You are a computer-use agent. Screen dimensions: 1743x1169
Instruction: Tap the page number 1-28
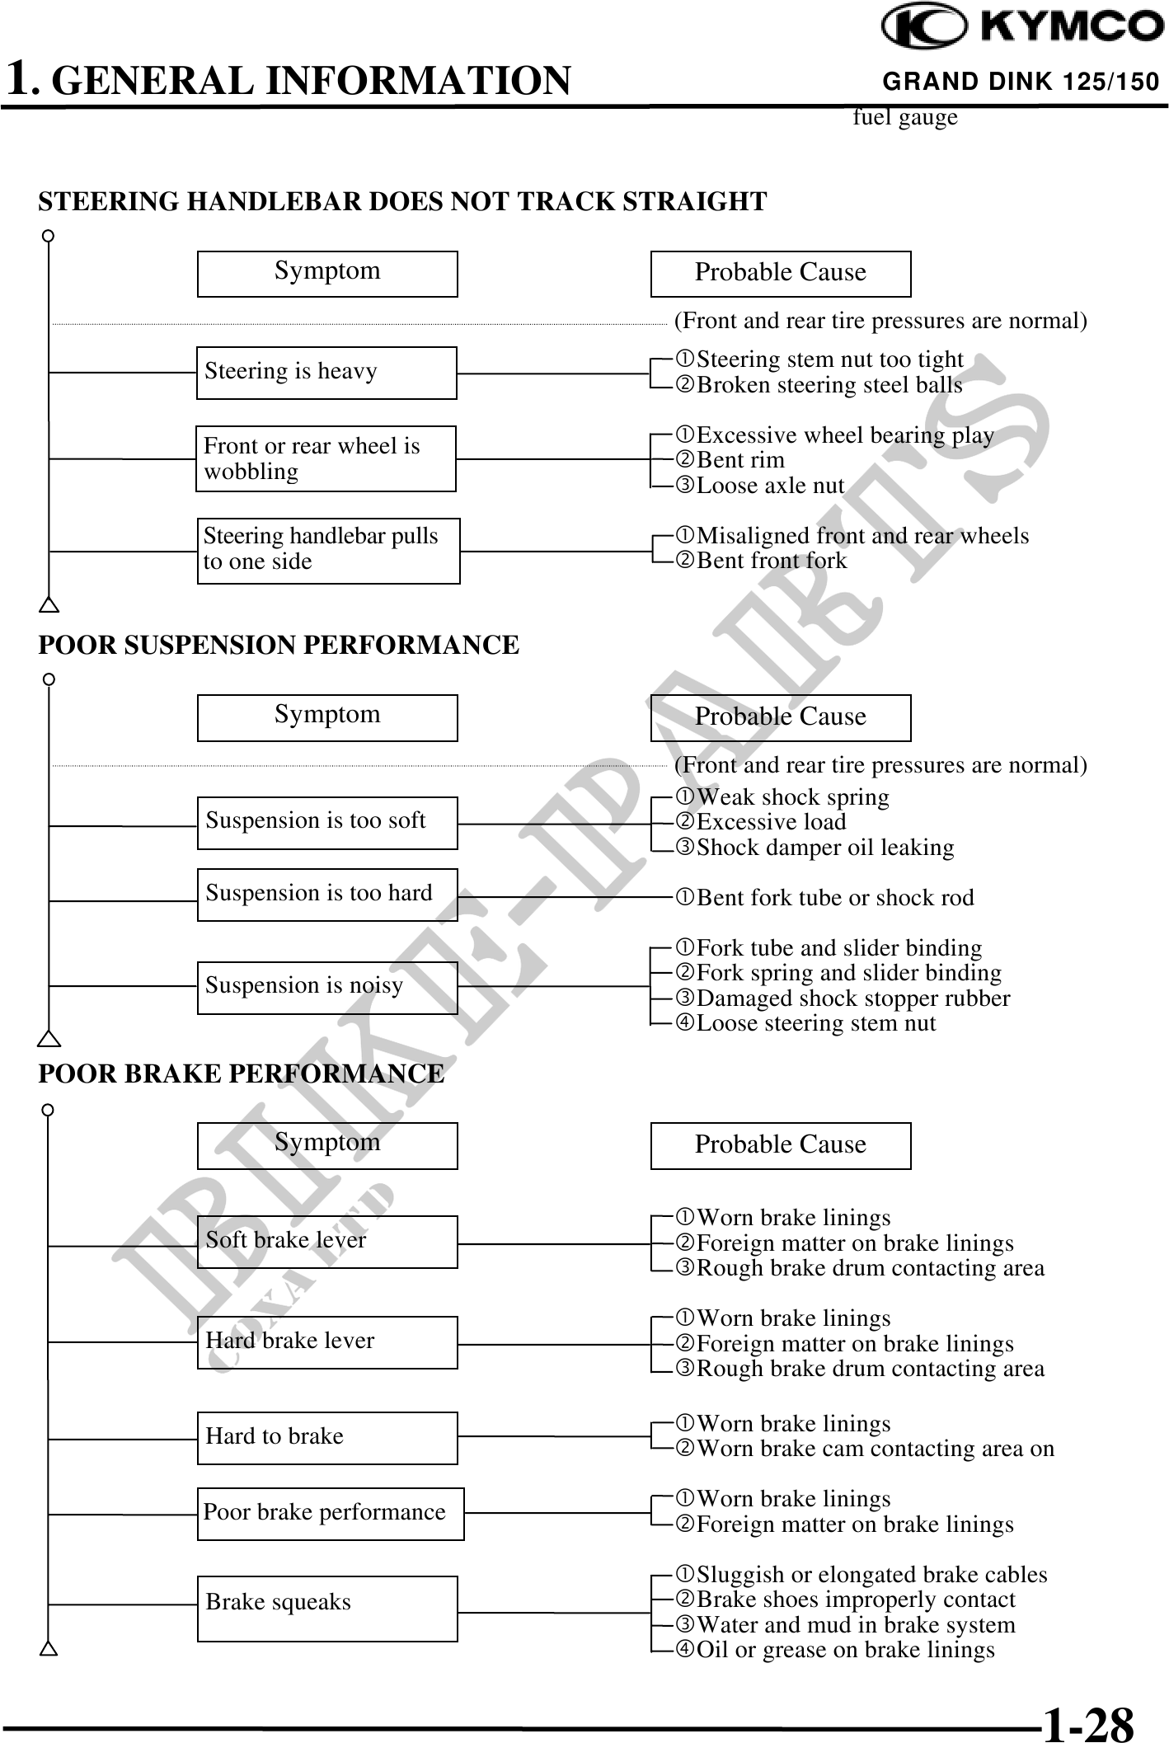[x=1088, y=1722]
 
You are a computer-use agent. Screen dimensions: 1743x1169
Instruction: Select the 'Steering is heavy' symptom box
[x=326, y=373]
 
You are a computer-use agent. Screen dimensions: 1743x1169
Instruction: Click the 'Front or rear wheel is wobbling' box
[x=326, y=458]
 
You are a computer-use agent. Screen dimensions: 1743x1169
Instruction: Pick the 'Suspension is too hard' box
[x=327, y=895]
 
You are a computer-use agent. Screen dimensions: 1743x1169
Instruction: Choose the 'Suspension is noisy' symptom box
[x=327, y=987]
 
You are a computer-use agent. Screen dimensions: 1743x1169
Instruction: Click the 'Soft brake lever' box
[x=327, y=1242]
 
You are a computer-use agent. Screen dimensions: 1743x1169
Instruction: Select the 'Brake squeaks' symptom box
[x=327, y=1608]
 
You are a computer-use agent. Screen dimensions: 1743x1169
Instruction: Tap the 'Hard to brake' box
[x=327, y=1438]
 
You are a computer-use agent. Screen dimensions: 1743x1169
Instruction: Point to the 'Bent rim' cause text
[x=739, y=460]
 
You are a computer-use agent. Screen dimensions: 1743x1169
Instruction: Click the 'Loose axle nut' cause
[x=769, y=486]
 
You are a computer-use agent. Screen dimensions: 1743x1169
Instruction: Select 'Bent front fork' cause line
[x=771, y=561]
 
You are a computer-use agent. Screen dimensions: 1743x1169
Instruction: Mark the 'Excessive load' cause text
[x=771, y=822]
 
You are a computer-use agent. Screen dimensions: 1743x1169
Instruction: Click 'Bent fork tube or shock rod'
[x=834, y=898]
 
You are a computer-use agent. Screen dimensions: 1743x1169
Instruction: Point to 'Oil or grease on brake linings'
[x=844, y=1650]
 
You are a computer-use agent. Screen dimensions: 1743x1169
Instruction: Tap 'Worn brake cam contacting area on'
[x=874, y=1449]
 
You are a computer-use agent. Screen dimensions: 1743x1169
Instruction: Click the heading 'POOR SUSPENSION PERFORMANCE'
[x=279, y=645]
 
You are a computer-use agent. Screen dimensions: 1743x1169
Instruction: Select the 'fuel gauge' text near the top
[x=905, y=118]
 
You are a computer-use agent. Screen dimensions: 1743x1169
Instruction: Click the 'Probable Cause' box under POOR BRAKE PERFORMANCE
[x=781, y=1145]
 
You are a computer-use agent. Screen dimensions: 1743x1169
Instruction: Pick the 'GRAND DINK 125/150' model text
[x=1021, y=82]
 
